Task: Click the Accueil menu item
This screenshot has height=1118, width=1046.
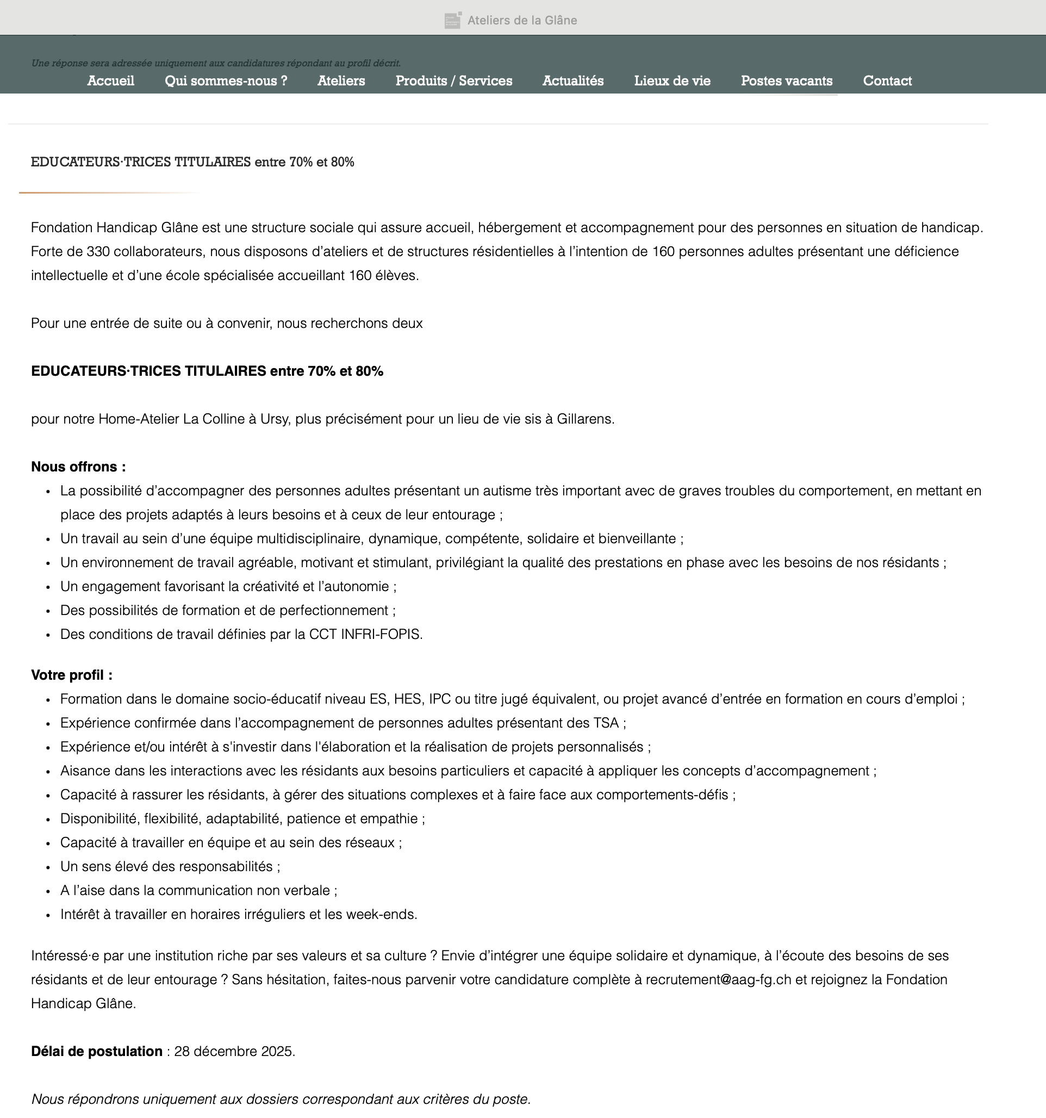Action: click(110, 81)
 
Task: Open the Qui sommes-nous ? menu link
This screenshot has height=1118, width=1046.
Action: click(226, 81)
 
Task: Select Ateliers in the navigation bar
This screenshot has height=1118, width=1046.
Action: click(341, 81)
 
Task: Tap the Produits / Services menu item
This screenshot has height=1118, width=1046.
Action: click(454, 81)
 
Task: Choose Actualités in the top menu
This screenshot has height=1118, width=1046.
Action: click(573, 81)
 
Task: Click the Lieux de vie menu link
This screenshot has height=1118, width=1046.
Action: click(672, 81)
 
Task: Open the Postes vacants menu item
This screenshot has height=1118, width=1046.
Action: click(786, 81)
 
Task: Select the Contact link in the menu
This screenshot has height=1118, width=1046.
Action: click(887, 81)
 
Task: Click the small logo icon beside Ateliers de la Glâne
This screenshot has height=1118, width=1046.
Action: click(453, 20)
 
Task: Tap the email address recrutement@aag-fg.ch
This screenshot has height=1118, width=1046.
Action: click(718, 980)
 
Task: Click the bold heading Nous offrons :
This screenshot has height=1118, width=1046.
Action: click(78, 467)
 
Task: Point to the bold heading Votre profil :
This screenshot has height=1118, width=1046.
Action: click(71, 675)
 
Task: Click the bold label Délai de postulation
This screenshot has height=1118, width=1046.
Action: click(97, 1051)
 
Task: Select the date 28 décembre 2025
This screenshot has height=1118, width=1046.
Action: click(233, 1051)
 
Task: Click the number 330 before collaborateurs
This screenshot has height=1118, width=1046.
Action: click(98, 251)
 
